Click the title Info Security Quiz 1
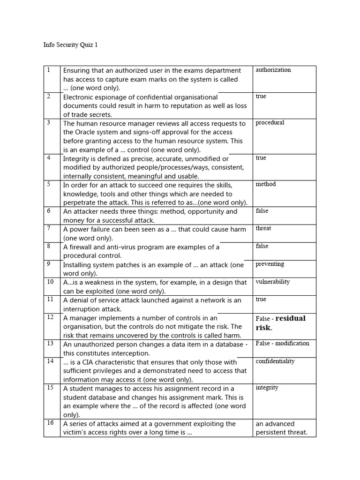click(70, 45)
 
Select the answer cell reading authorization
click(273, 70)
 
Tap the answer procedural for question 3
click(270, 123)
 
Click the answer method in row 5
click(265, 184)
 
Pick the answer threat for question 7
click(263, 228)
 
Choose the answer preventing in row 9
click(270, 264)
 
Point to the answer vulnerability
click(272, 282)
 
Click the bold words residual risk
click(280, 323)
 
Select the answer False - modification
click(282, 344)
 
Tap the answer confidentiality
click(275, 361)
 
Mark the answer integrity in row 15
click(267, 388)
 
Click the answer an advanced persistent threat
click(281, 428)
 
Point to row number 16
click(50, 423)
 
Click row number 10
click(50, 282)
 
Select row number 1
click(48, 70)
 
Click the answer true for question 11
click(261, 299)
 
